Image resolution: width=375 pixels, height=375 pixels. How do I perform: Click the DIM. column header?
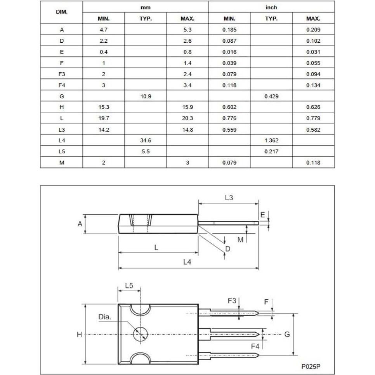(x=62, y=12)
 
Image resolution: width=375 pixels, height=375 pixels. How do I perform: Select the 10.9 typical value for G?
(x=146, y=96)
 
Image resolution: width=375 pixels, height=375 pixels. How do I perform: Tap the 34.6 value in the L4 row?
(x=146, y=141)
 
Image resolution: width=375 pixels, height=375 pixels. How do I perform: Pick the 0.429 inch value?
(x=271, y=96)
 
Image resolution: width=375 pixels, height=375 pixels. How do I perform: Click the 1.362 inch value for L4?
(x=271, y=141)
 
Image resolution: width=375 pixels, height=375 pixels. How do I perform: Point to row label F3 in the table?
(x=62, y=74)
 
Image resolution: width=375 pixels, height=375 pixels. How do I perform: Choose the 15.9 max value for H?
(x=187, y=107)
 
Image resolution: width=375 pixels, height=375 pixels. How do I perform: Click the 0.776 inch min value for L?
(x=229, y=118)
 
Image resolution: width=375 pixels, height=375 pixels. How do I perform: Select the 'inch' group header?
(x=271, y=7)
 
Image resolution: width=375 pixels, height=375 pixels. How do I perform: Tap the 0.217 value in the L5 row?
(x=271, y=152)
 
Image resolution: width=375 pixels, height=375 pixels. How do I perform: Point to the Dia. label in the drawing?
(x=104, y=317)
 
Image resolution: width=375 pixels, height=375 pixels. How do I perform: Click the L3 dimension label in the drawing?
(x=229, y=198)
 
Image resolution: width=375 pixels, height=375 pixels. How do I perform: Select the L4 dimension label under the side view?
(x=187, y=262)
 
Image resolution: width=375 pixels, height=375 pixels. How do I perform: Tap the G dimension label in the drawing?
(x=287, y=334)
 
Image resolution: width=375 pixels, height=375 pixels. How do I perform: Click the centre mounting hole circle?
(x=140, y=334)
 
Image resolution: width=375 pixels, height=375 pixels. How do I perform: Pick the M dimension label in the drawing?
(x=240, y=240)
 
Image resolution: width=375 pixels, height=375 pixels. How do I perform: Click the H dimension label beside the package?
(x=79, y=335)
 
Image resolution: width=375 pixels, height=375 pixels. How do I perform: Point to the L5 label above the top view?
(x=129, y=286)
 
